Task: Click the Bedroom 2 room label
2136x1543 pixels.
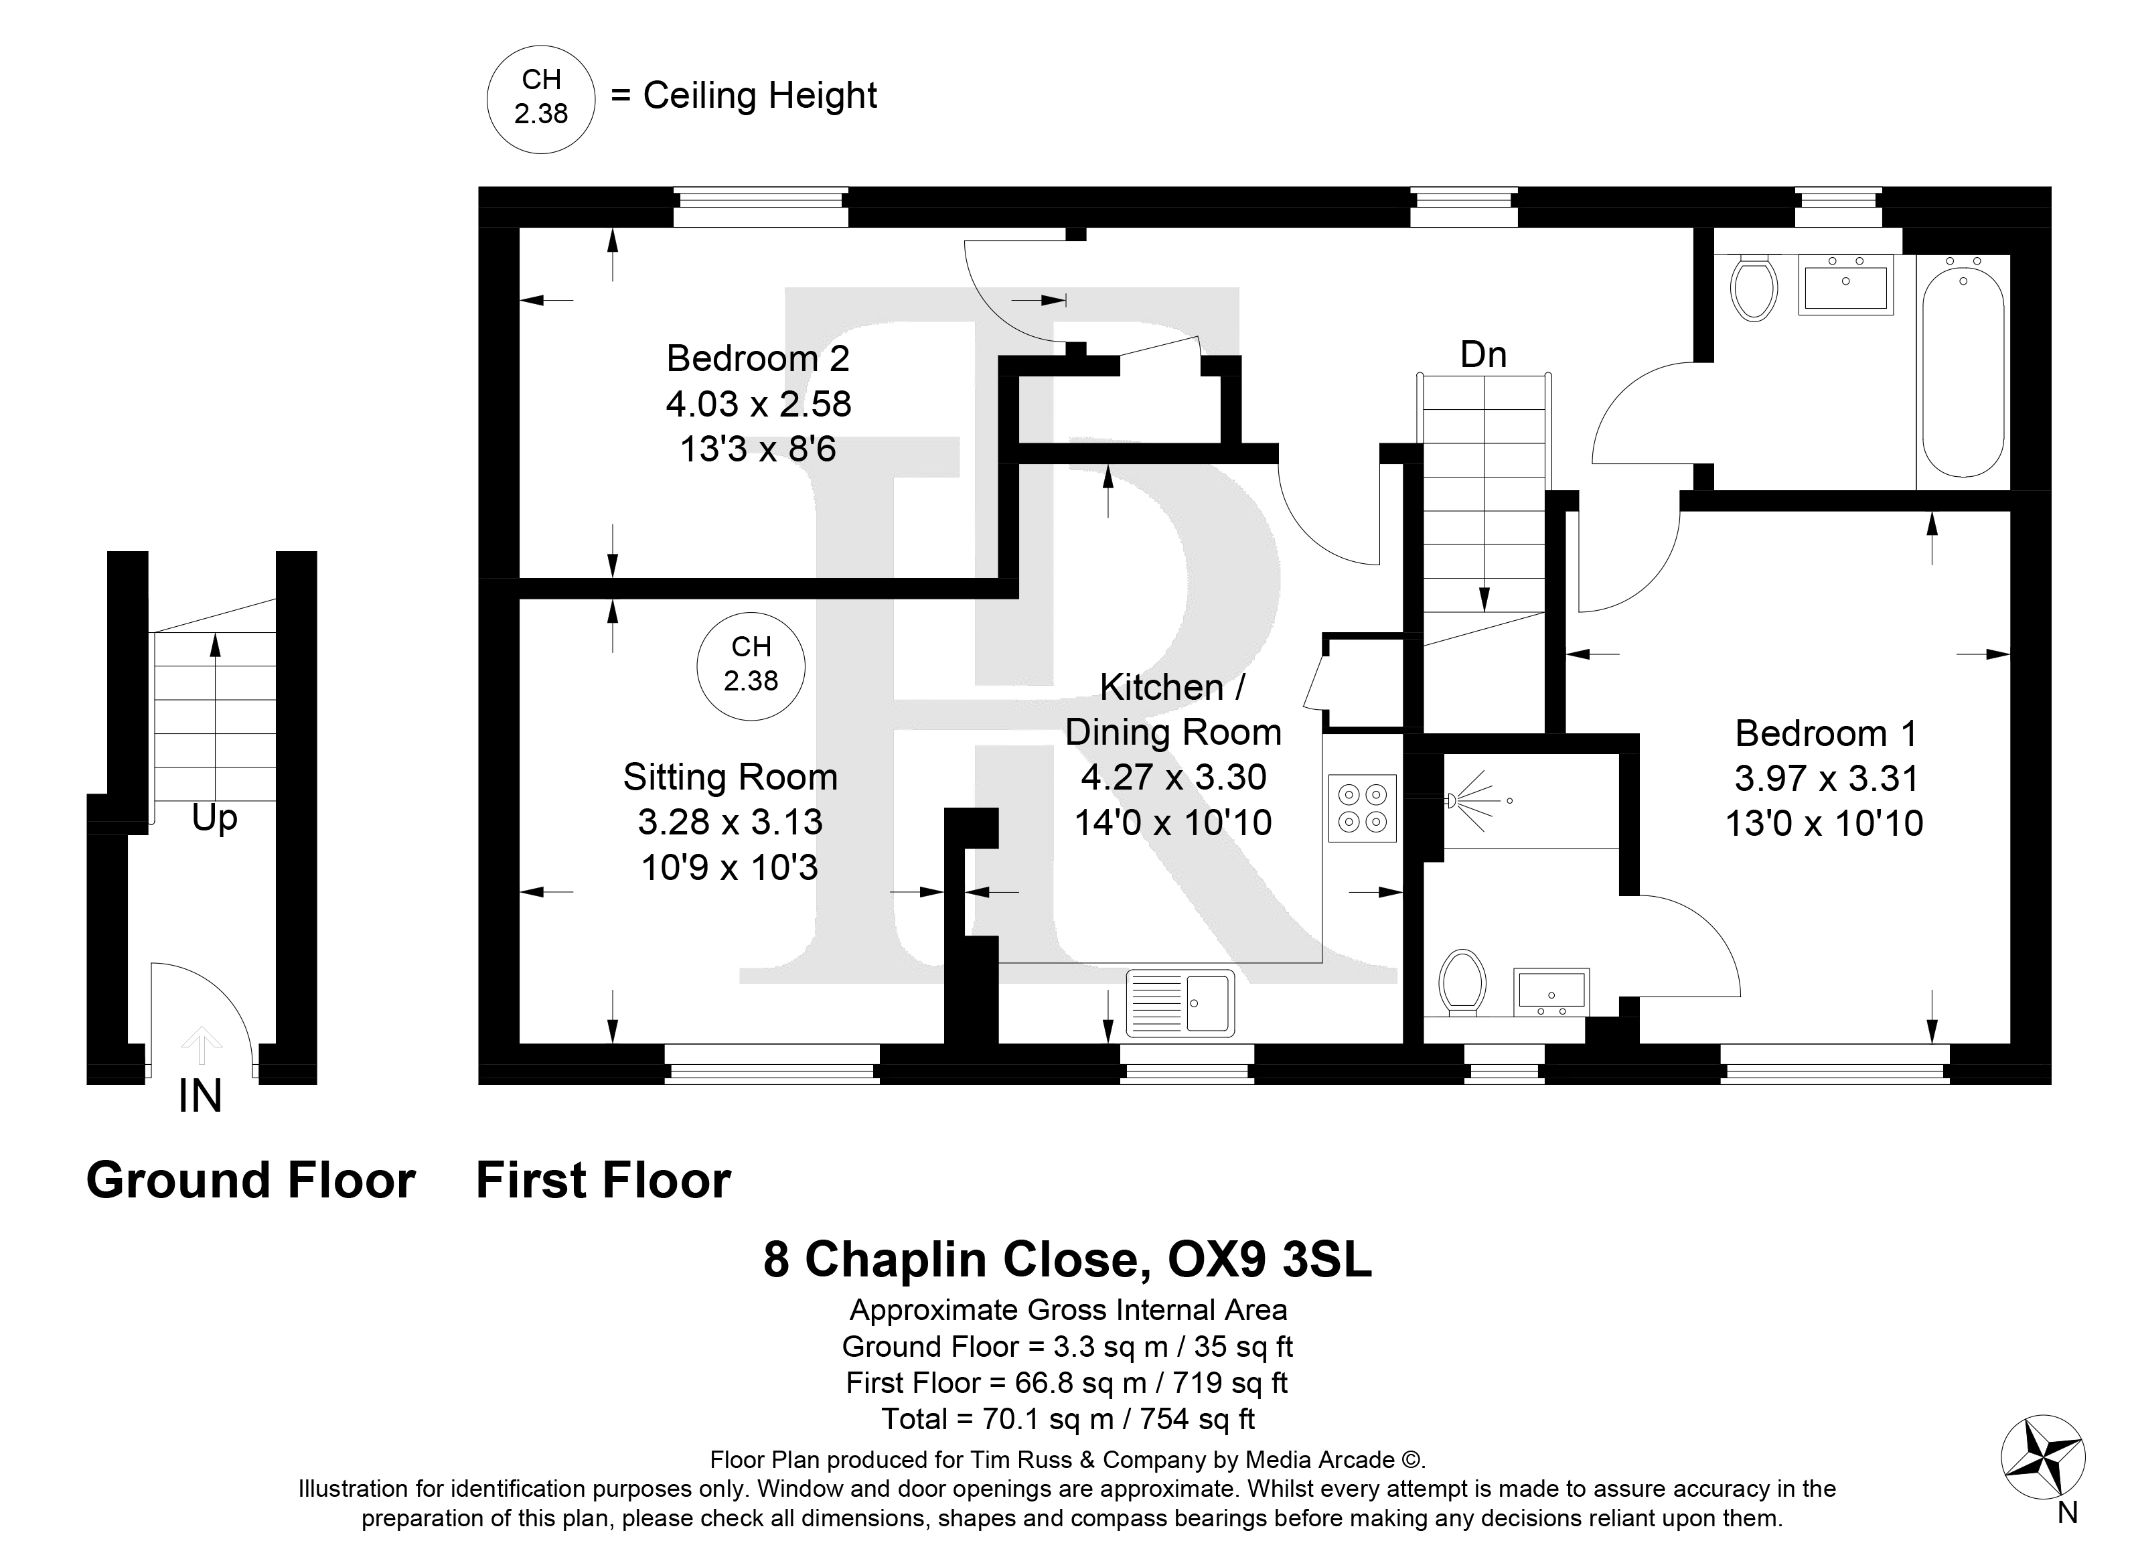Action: click(758, 359)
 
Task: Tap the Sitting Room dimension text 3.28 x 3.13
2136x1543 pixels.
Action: click(730, 822)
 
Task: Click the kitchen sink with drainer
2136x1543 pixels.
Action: click(1180, 1003)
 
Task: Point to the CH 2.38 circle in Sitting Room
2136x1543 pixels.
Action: click(751, 666)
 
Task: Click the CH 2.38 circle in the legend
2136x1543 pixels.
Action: click(540, 99)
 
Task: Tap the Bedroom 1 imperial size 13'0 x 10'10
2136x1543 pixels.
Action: click(1824, 823)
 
